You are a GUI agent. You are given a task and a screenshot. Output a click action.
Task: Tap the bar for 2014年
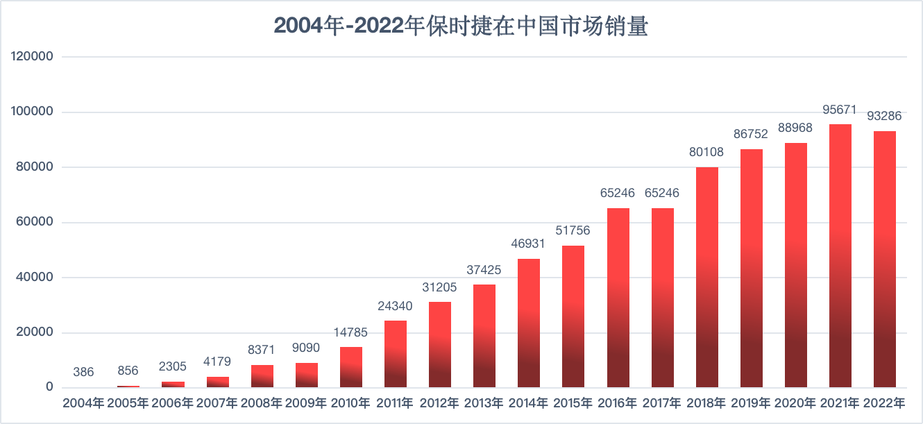[529, 323]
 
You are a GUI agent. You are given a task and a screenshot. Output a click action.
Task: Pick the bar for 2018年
[707, 277]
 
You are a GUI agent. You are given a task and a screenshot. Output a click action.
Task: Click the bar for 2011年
[396, 354]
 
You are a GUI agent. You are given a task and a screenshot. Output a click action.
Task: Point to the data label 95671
[840, 110]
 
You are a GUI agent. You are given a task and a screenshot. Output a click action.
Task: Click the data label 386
[83, 373]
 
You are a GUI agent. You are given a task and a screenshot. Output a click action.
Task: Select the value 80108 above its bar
[707, 153]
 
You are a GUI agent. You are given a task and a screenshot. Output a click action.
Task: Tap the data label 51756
[573, 231]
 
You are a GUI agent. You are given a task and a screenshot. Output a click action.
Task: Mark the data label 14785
[350, 332]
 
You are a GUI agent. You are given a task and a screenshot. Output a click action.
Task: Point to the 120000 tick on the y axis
[33, 57]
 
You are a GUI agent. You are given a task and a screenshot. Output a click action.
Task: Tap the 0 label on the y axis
[49, 387]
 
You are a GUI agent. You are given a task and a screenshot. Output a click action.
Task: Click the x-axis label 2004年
[83, 403]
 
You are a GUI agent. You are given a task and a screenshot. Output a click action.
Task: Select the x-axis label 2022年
[885, 403]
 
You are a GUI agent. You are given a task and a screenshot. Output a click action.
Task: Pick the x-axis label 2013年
[484, 403]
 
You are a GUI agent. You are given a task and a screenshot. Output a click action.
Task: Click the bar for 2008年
[262, 376]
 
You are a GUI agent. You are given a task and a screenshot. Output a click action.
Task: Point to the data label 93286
[885, 117]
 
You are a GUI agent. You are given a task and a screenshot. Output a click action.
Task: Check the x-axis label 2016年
[618, 403]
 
